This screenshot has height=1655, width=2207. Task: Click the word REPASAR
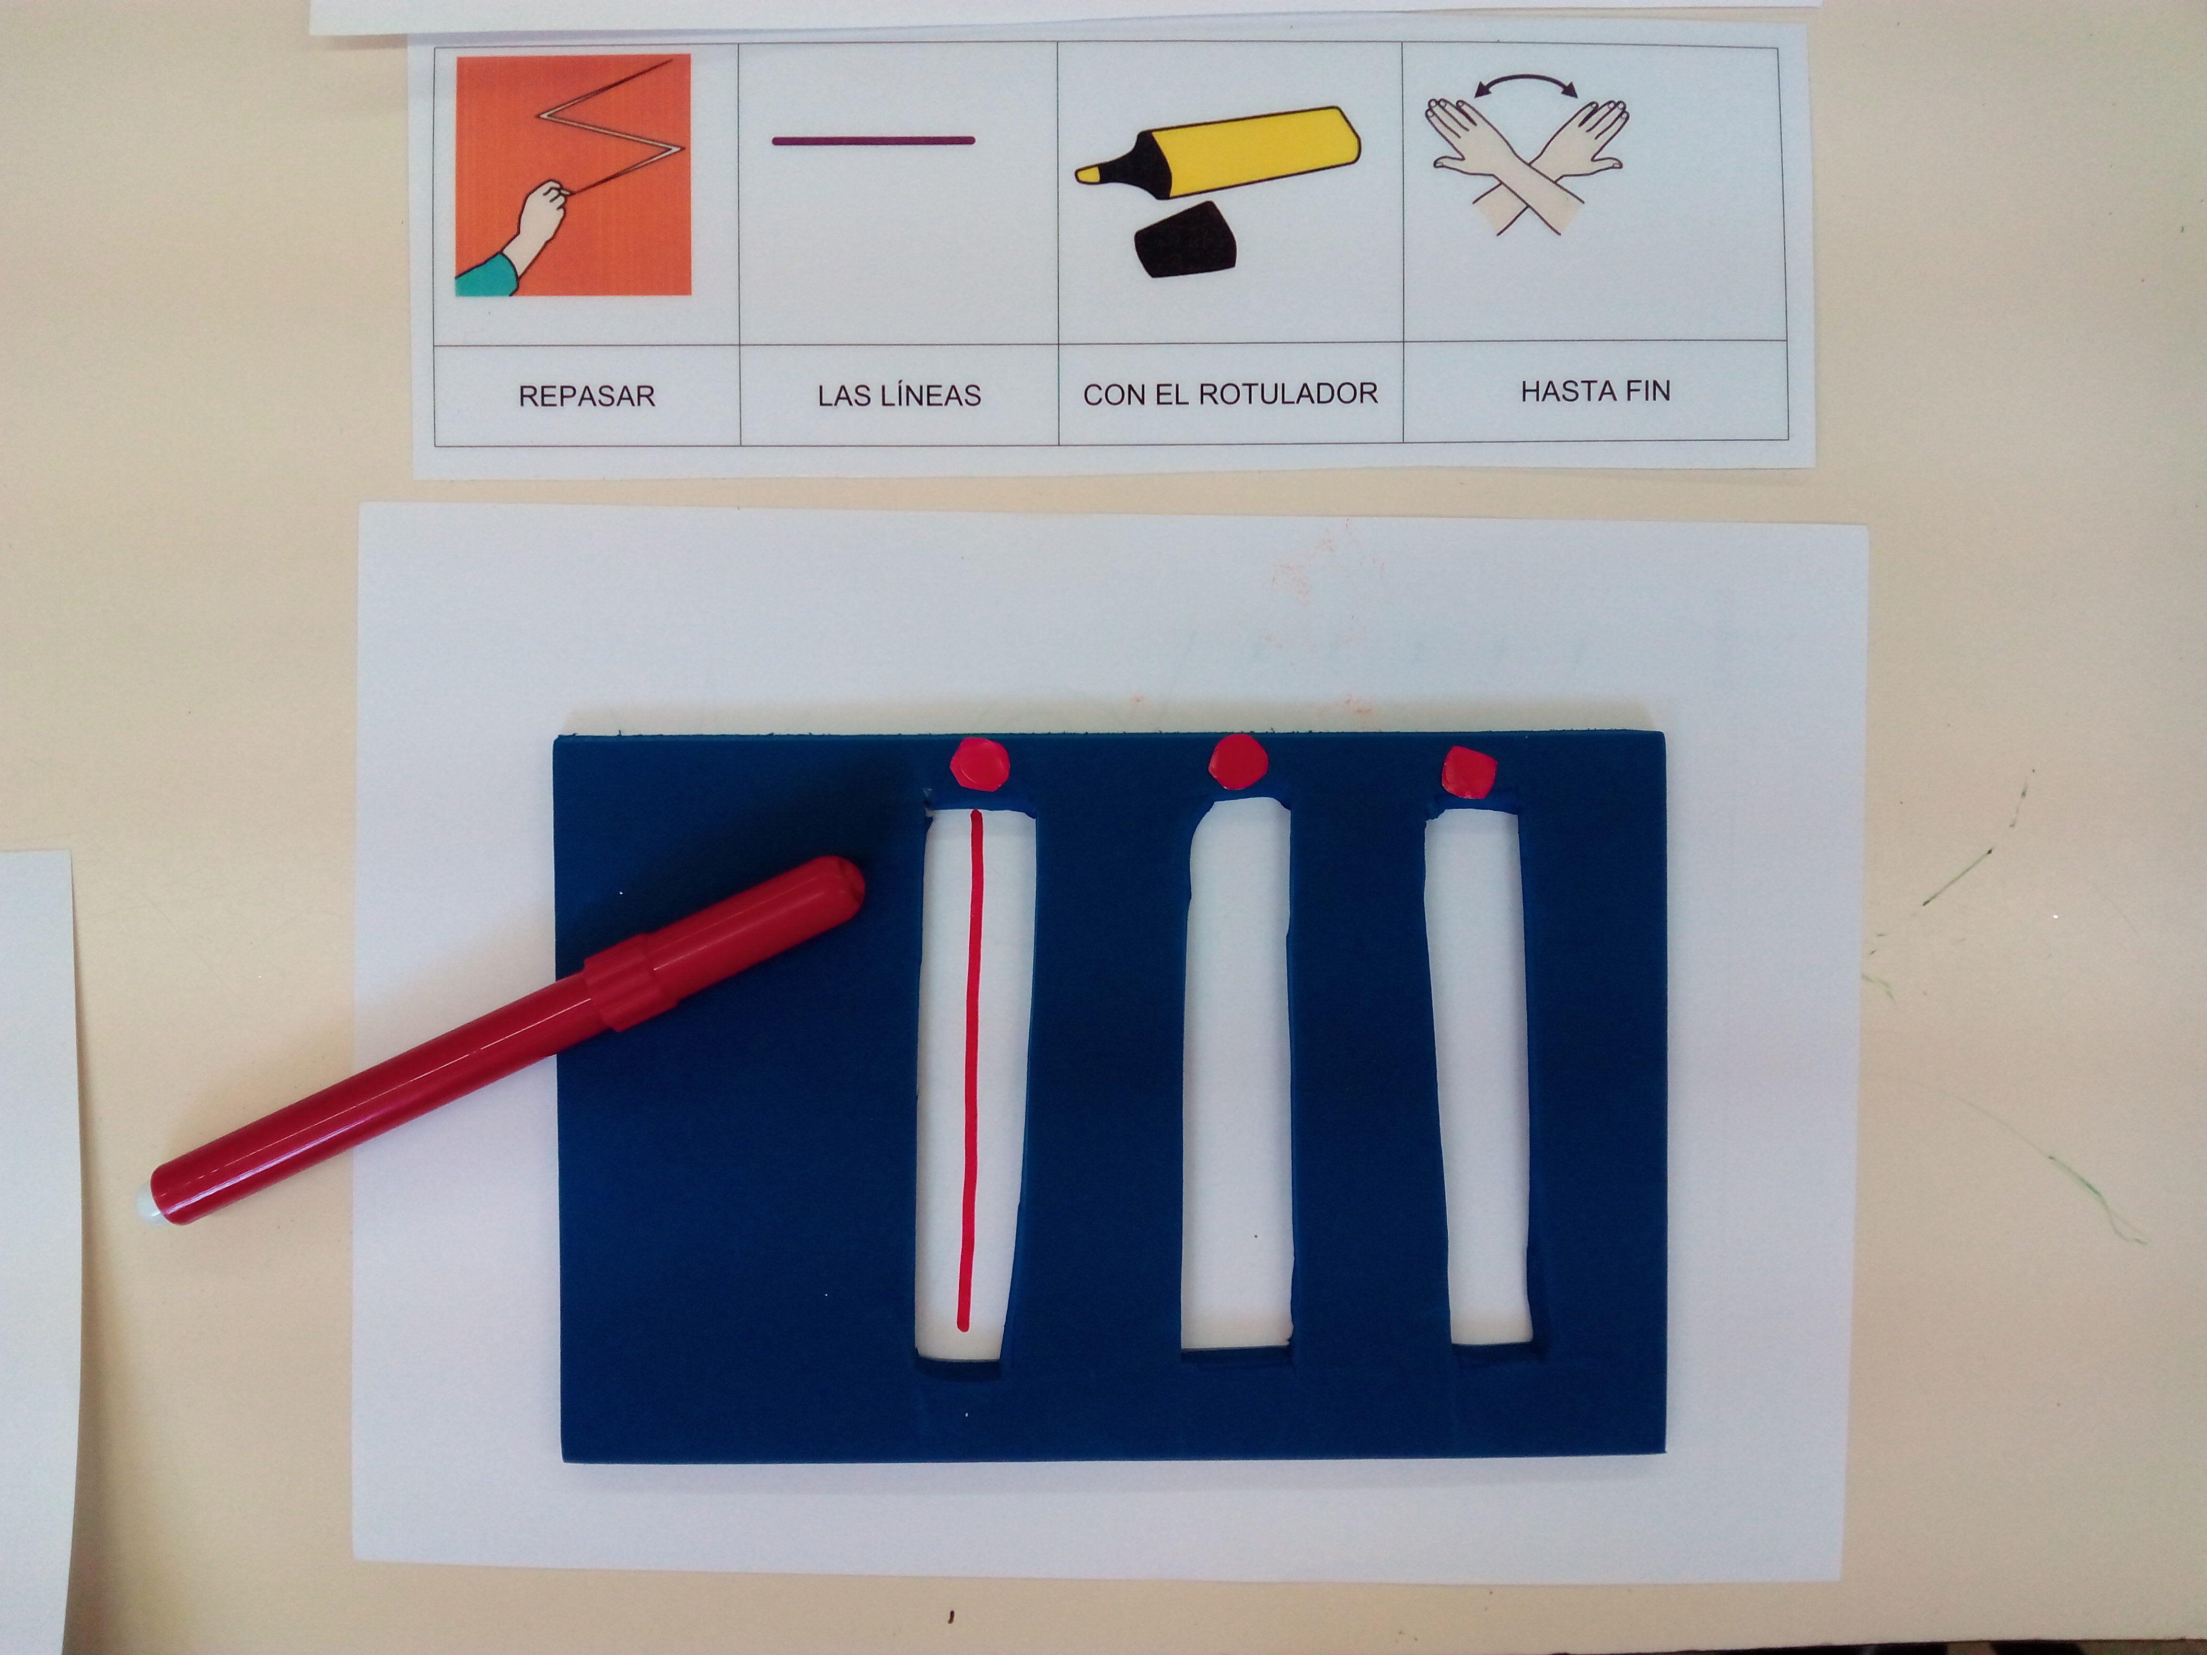587,396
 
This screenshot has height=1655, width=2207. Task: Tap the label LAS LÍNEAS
899,395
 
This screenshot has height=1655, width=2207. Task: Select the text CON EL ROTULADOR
1230,394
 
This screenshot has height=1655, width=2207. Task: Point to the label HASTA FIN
1595,391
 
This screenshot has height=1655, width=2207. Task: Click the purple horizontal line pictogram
873,141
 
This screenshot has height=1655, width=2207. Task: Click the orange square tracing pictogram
573,174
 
